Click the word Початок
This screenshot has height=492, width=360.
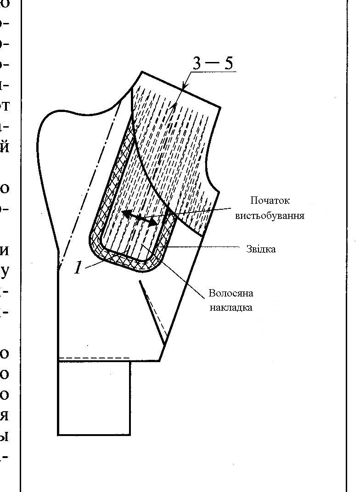pyautogui.click(x=270, y=201)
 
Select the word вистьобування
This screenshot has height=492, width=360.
pyautogui.click(x=270, y=215)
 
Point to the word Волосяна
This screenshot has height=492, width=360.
pyautogui.click(x=231, y=293)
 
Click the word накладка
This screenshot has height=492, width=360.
pyautogui.click(x=231, y=307)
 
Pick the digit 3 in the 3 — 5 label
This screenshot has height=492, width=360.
pyautogui.click(x=197, y=63)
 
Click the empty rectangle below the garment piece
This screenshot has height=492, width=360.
pyautogui.click(x=94, y=397)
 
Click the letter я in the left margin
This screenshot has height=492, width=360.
pyautogui.click(x=6, y=416)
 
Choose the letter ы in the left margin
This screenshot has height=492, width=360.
pyautogui.click(x=6, y=436)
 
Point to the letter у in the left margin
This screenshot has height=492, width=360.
pyautogui.click(x=6, y=272)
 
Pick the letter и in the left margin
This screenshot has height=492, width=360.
pyautogui.click(x=6, y=251)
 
